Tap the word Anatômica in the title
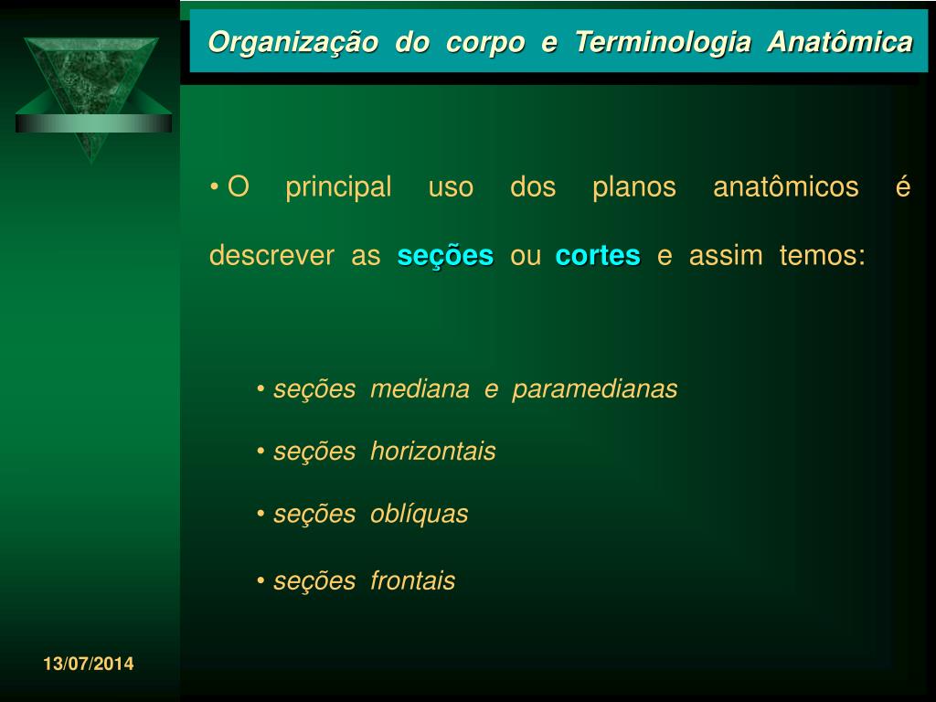(839, 42)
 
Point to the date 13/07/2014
(89, 665)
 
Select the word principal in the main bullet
(338, 188)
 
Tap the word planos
(633, 187)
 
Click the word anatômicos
(785, 187)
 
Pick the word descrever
(271, 256)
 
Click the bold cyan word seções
(445, 256)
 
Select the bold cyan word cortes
(598, 256)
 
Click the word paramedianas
(594, 389)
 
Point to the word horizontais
(432, 452)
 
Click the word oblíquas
(419, 515)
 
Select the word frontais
(412, 581)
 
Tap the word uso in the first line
(451, 188)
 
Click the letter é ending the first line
(902, 187)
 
